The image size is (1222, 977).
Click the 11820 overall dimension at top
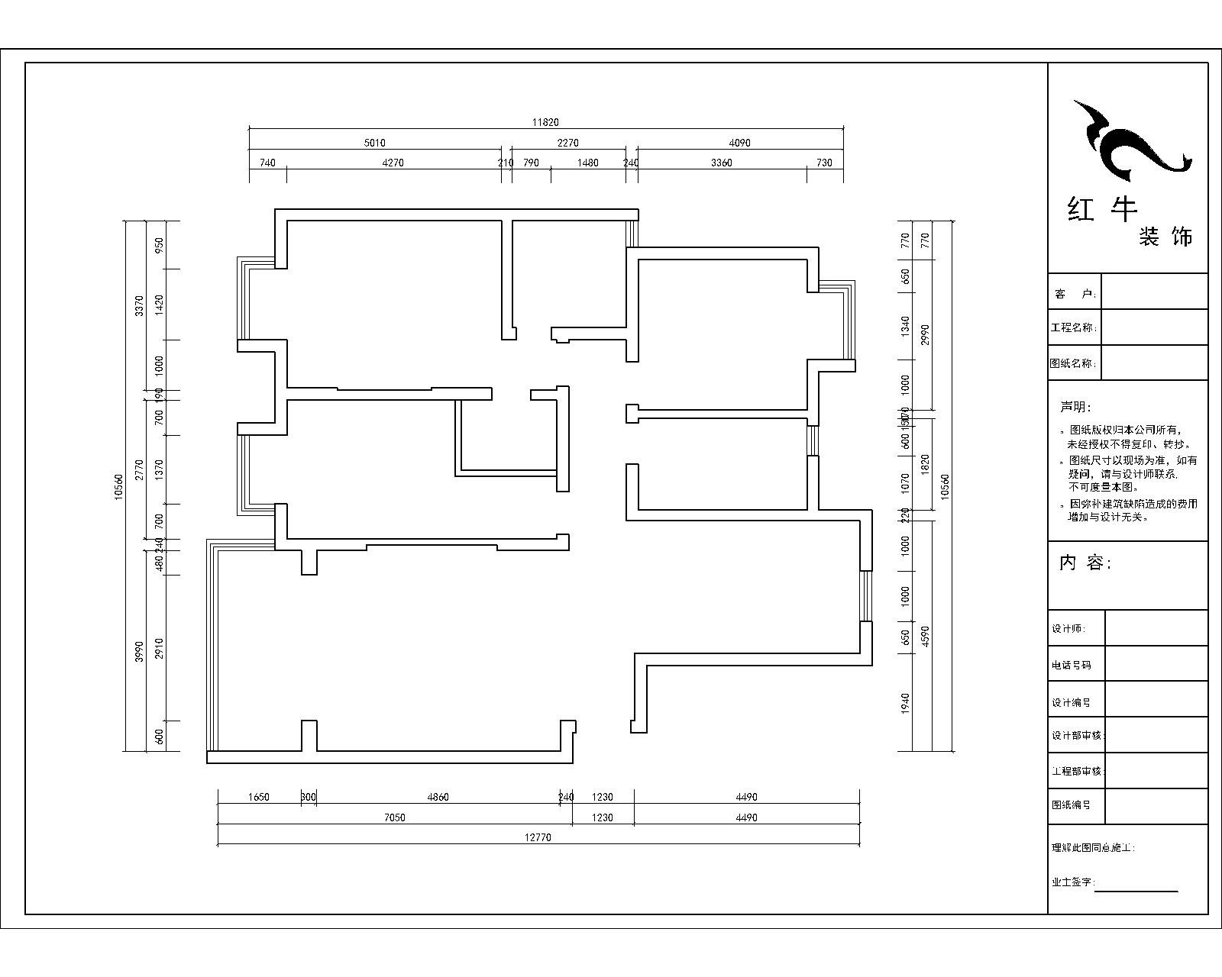point(545,122)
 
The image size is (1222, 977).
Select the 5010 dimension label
point(374,143)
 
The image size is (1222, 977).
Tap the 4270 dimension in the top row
point(393,163)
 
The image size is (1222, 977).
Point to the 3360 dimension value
point(722,163)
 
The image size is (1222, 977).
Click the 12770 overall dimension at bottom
point(538,837)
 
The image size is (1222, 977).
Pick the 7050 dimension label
point(394,817)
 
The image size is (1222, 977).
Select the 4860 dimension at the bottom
point(438,797)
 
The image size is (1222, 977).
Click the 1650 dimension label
point(259,797)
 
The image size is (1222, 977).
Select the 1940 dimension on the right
point(906,702)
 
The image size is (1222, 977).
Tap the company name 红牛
point(1102,208)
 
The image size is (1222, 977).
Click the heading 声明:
point(1076,407)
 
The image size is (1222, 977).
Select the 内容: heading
point(1085,563)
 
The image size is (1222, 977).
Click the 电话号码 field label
point(1071,665)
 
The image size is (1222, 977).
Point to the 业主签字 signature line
point(1137,890)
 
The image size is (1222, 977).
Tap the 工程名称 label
point(1073,327)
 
